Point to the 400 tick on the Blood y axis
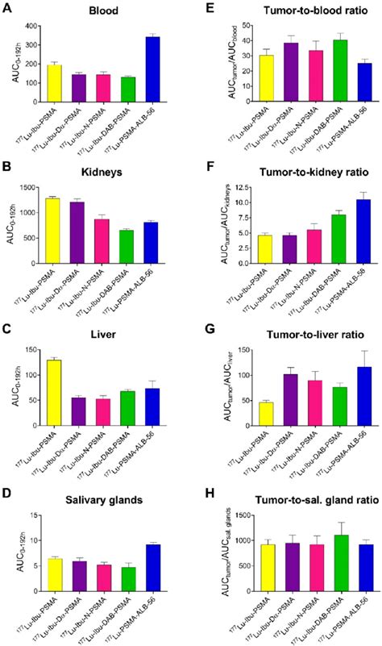point(38,26)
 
